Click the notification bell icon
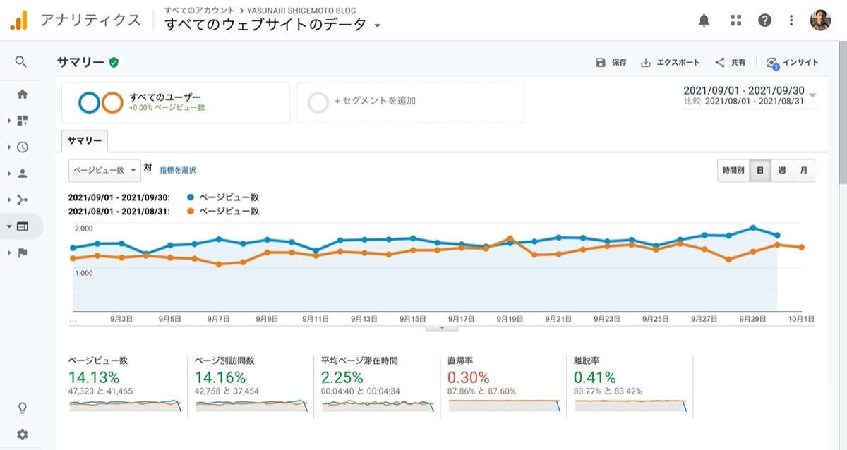(x=704, y=20)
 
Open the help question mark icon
(x=764, y=20)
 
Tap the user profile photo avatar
(x=820, y=20)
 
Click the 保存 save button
(x=611, y=62)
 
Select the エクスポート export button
(x=670, y=62)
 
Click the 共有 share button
(x=730, y=62)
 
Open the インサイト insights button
(x=792, y=63)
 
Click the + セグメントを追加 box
(x=411, y=102)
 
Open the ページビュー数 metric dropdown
(x=104, y=171)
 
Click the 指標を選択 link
(x=178, y=171)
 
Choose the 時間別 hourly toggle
(x=733, y=171)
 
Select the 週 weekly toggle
(x=781, y=171)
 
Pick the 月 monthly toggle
(x=803, y=171)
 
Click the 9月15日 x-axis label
(x=412, y=319)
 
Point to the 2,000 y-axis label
(x=83, y=229)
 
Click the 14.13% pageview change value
(x=94, y=377)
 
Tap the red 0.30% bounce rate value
(x=468, y=377)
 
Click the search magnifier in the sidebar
(x=21, y=61)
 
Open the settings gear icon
(x=23, y=434)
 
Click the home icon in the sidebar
(x=23, y=94)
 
